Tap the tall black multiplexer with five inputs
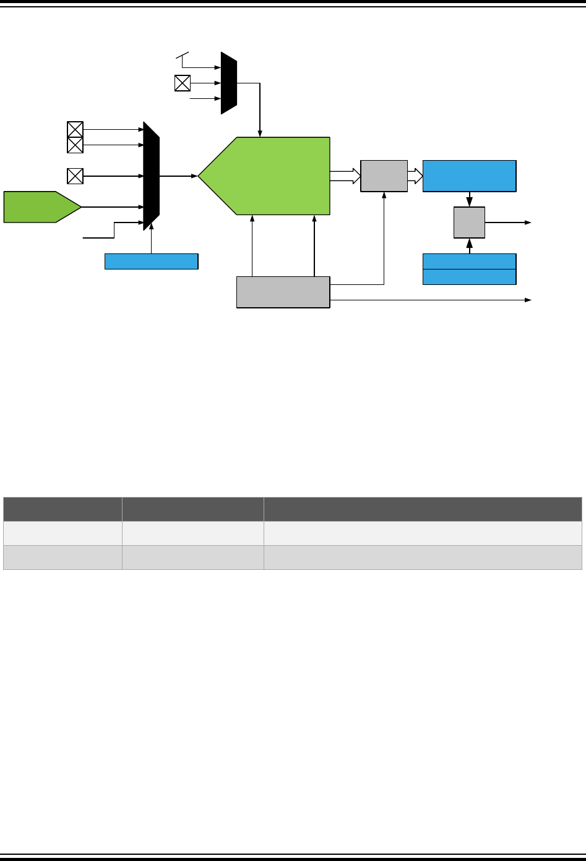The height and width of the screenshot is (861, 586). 151,176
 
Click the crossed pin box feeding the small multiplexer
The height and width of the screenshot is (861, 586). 183,83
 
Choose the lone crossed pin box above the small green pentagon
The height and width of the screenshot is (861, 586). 75,176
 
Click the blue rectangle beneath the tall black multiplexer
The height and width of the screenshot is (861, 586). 152,261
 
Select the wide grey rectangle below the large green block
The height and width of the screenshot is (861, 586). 283,292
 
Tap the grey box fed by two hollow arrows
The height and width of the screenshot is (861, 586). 384,176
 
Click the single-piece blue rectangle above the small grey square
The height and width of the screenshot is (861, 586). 469,176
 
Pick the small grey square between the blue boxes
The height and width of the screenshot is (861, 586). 469,223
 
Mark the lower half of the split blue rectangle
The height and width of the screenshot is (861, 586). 469,277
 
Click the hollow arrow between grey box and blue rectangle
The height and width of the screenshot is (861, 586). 415,176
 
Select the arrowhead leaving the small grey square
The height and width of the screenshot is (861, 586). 528,223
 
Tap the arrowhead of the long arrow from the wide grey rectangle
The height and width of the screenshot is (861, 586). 528,300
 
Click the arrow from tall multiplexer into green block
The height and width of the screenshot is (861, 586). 179,176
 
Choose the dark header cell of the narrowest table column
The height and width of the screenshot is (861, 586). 62,509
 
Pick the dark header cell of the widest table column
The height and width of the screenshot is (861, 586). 423,509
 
